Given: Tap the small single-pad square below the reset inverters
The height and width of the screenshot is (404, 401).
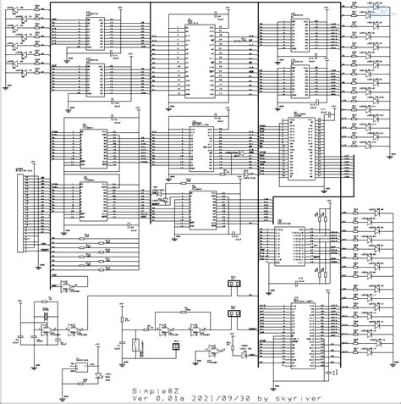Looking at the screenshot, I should (176, 346).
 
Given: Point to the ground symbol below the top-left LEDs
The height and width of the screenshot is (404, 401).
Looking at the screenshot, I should (8, 85).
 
